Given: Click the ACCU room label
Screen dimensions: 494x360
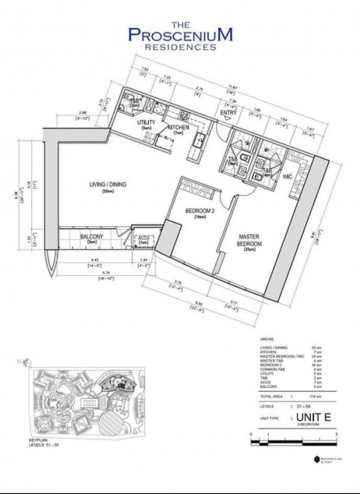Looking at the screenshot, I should [x=143, y=238].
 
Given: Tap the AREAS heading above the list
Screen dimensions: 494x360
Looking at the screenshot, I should [x=265, y=340].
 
